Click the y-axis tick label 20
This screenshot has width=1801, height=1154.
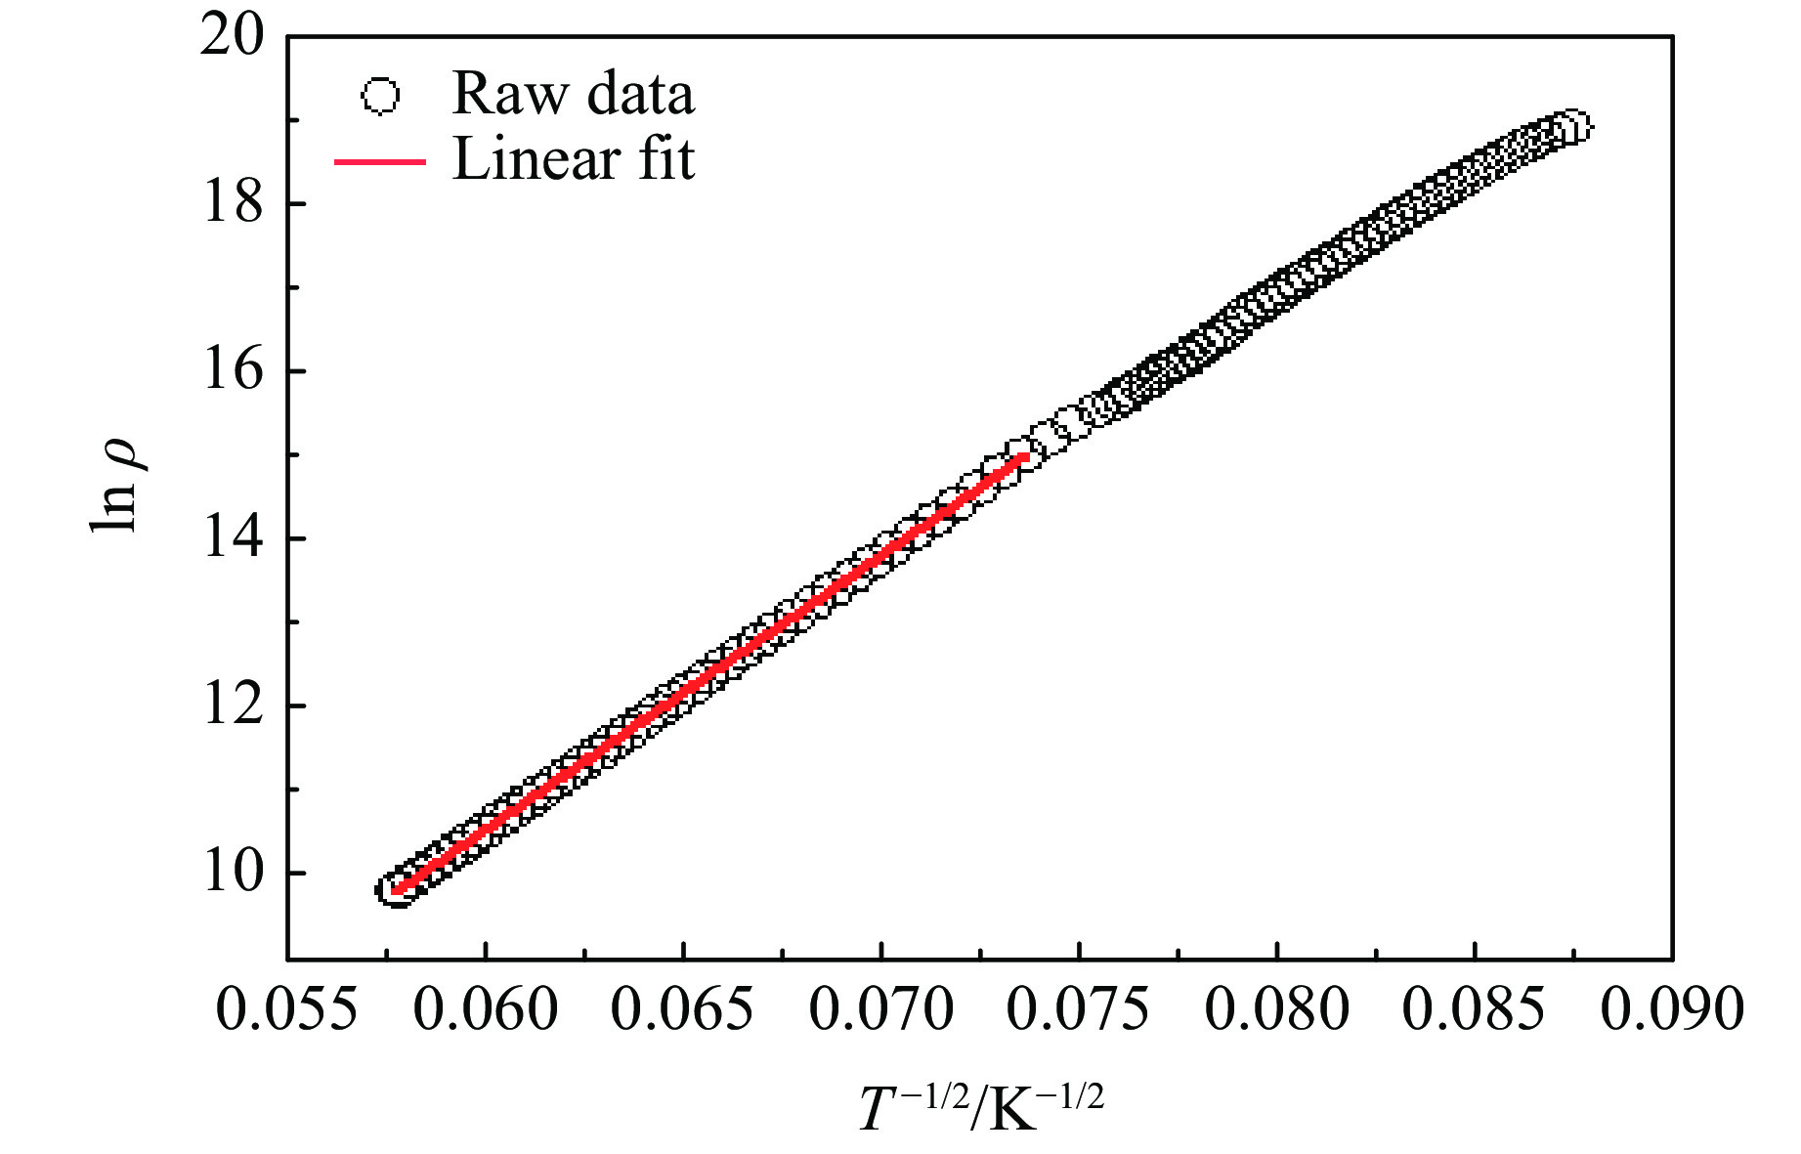pos(233,37)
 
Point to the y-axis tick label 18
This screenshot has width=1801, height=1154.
pos(233,204)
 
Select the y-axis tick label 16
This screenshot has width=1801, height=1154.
pos(233,371)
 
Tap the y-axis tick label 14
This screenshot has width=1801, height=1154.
pos(233,538)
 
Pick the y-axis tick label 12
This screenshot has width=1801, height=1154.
pos(233,705)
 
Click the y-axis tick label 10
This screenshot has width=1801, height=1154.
pos(233,873)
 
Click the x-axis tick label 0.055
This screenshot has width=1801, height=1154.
pos(287,1008)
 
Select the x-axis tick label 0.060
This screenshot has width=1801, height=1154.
pos(486,1008)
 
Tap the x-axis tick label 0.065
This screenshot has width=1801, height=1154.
pos(683,1008)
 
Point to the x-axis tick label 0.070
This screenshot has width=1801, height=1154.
pos(881,1008)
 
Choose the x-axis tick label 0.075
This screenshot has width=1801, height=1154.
pos(1079,1008)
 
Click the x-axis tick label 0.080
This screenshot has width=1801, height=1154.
pos(1277,1008)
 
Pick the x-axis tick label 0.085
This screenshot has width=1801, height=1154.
pos(1475,1008)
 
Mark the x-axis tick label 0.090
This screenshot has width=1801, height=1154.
pos(1672,1008)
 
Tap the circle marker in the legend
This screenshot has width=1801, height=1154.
pos(380,97)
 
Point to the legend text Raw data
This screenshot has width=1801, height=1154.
pos(573,95)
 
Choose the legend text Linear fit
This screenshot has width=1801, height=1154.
pos(573,159)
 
